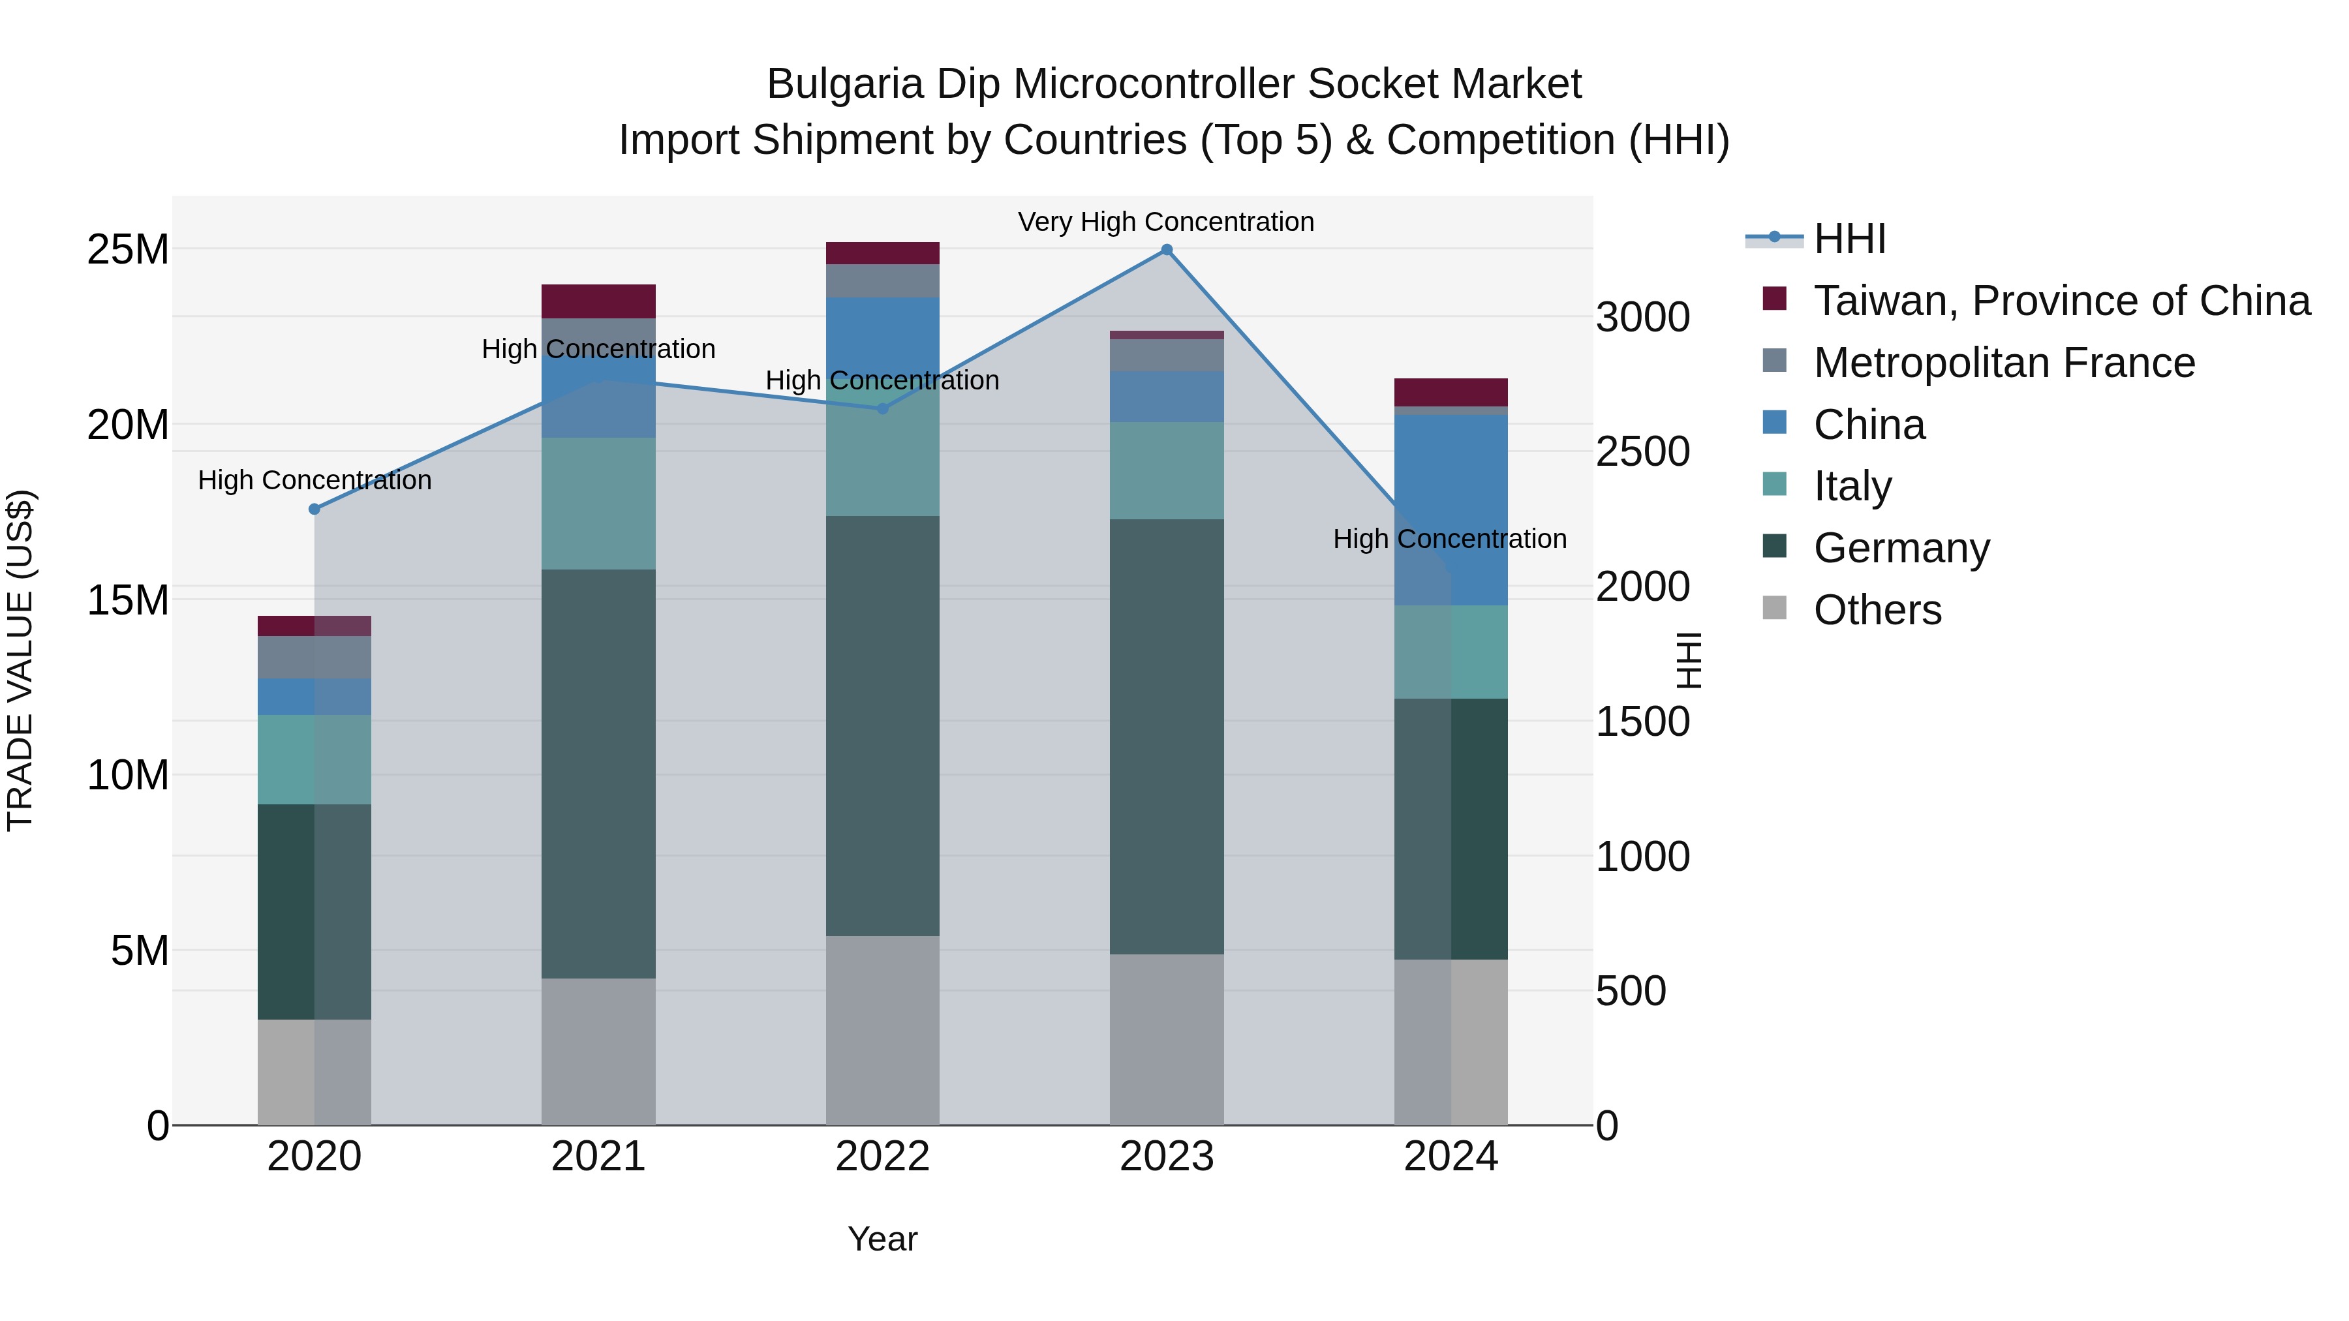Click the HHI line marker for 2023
pos(1166,250)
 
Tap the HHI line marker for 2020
pos(315,509)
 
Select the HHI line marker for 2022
pos(882,408)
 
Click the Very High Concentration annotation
pos(1165,222)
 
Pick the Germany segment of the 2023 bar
pos(1166,736)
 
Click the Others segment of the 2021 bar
pos(598,1050)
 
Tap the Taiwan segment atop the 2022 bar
pos(882,252)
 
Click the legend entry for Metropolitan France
pos(2003,363)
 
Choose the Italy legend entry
pos(1852,486)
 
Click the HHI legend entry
pos(1849,239)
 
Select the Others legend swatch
pos(1773,608)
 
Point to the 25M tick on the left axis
pos(128,250)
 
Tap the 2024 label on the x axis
pos(1450,1157)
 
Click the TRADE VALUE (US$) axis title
pos(20,660)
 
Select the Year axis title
pos(882,1239)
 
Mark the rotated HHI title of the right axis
pos(1688,660)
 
